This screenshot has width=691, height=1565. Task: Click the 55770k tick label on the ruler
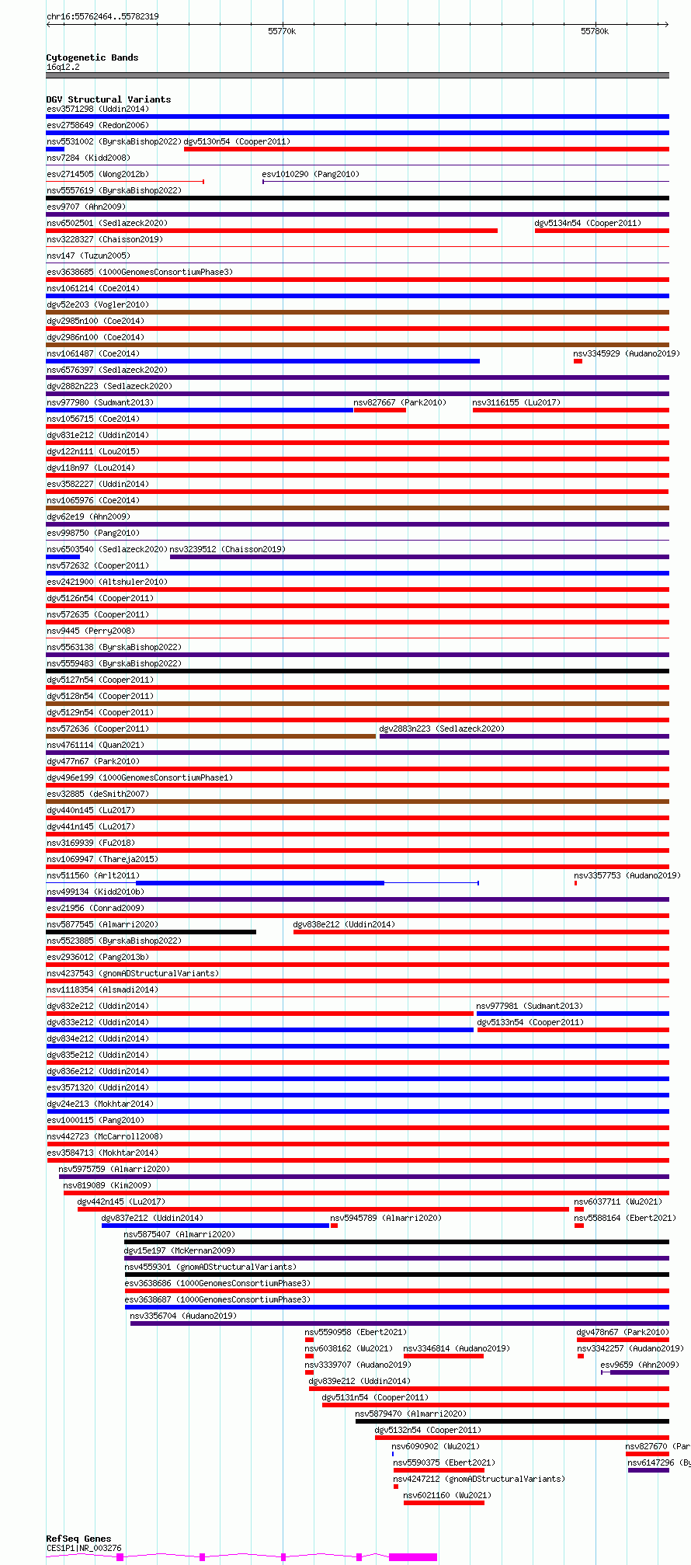tap(282, 31)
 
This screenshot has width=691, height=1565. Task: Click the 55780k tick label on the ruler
tap(595, 31)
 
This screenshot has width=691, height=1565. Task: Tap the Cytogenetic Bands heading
tap(92, 57)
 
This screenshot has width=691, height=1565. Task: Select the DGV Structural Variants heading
tap(109, 99)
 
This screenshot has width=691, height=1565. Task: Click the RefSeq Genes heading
tap(78, 1538)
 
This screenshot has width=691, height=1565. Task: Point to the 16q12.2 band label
tap(63, 67)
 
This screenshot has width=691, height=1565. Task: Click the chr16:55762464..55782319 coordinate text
tap(102, 16)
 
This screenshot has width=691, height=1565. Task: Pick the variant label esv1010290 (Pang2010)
tap(311, 174)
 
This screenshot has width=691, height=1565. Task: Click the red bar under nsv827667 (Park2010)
tap(380, 410)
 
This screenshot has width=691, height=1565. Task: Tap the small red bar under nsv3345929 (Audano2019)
tap(578, 361)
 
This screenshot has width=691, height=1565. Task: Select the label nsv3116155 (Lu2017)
tap(516, 402)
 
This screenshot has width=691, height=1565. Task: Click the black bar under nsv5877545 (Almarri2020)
tap(151, 932)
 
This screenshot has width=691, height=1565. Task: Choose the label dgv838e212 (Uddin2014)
tap(344, 924)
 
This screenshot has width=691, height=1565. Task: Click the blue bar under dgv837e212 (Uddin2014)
tap(215, 1226)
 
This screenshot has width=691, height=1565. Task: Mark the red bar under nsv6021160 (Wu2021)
tap(444, 1503)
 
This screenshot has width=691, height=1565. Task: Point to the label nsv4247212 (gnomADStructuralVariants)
tap(479, 1479)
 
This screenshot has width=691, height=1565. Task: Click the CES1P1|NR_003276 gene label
tap(84, 1548)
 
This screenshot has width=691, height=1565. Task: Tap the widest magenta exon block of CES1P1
tap(413, 1556)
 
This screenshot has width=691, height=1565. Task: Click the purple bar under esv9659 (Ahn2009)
tap(639, 1372)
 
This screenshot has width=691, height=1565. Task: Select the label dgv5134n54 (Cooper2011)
tap(588, 223)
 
